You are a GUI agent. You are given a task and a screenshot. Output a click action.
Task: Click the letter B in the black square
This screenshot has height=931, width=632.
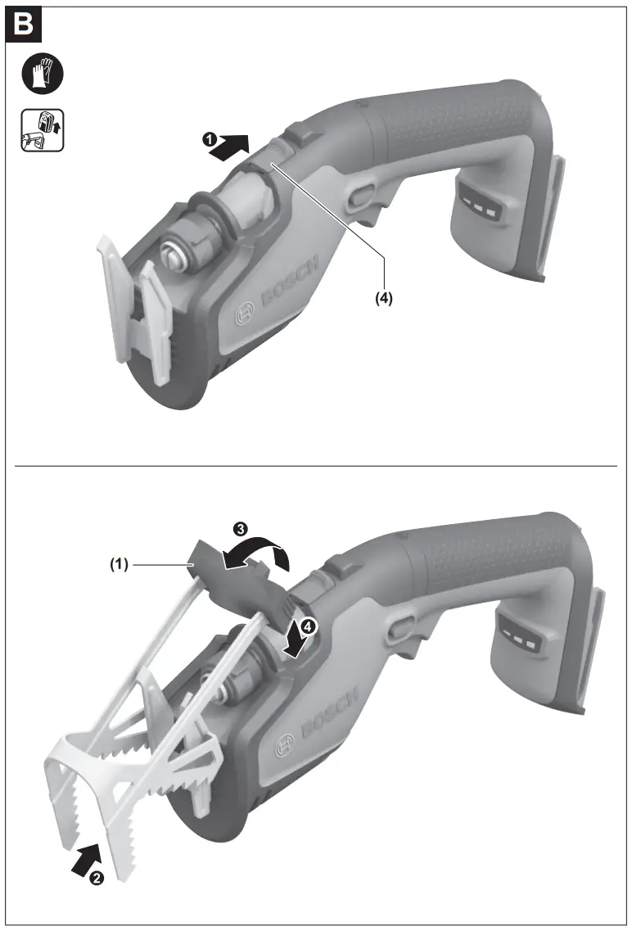pyautogui.click(x=23, y=25)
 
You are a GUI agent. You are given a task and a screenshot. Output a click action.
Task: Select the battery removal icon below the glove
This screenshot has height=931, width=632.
pyautogui.click(x=42, y=130)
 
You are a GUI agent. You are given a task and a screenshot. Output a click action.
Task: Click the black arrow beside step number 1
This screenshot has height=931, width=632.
pyautogui.click(x=230, y=146)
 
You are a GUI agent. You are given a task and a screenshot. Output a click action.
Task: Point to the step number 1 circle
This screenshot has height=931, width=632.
pyautogui.click(x=209, y=139)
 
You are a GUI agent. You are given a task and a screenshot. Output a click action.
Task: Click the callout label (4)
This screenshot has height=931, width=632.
pyautogui.click(x=383, y=298)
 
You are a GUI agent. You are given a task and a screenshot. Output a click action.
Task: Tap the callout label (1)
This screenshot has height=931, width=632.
pyautogui.click(x=120, y=564)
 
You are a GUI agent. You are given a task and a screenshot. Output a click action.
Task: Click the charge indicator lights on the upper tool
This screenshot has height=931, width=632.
pyautogui.click(x=479, y=204)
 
